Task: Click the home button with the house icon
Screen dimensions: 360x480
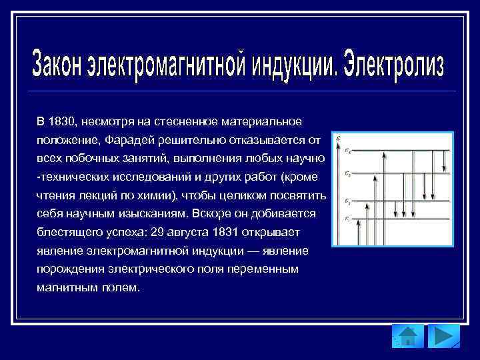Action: coord(408,337)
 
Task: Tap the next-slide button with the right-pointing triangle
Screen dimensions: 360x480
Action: coord(443,337)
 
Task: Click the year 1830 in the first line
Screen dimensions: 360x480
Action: coord(63,122)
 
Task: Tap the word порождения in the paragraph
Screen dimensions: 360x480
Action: coord(67,269)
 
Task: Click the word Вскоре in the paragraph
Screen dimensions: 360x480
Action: coord(208,213)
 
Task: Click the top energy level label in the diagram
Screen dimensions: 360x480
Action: coord(348,150)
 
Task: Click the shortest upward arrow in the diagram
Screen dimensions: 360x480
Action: coord(358,233)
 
